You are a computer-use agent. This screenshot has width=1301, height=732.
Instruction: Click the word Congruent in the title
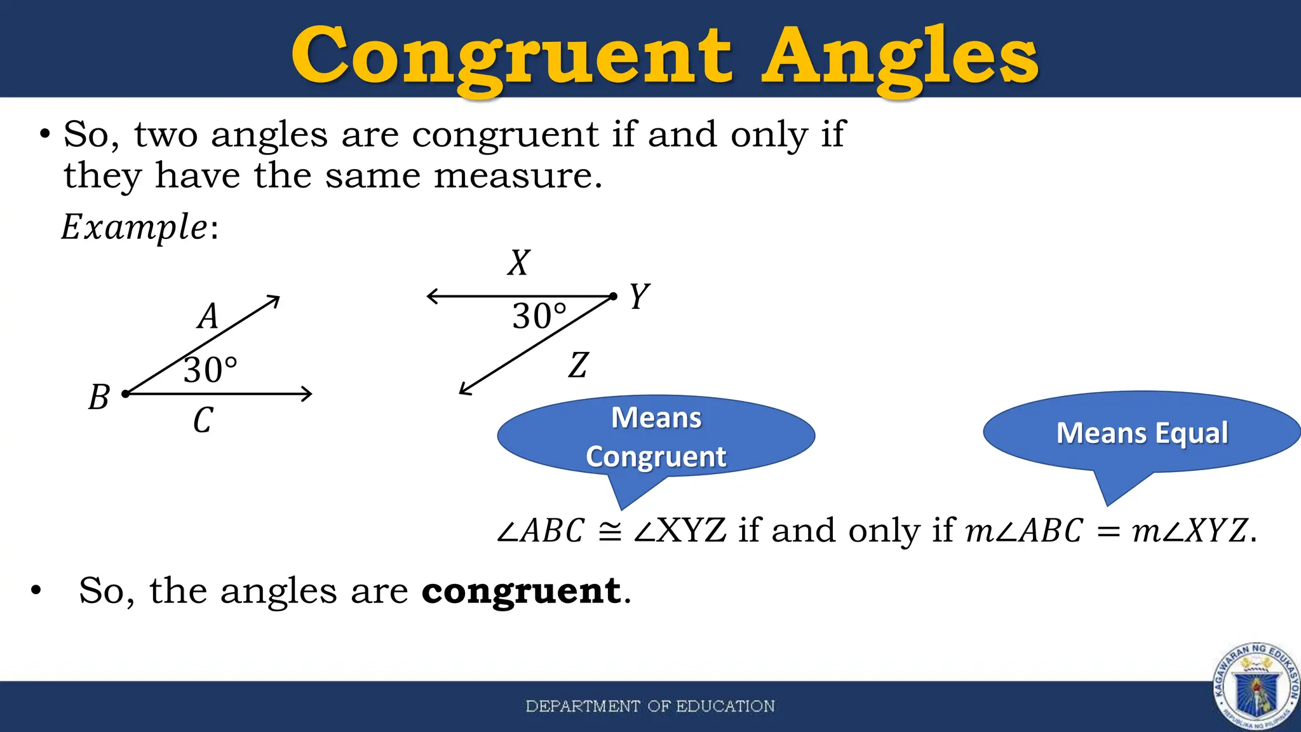point(511,57)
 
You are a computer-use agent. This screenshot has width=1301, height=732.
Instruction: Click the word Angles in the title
point(900,57)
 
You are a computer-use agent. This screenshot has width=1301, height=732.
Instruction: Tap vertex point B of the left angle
point(126,394)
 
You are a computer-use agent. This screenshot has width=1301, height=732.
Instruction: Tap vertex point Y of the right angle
point(613,296)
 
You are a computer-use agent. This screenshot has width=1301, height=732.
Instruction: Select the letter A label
point(208,316)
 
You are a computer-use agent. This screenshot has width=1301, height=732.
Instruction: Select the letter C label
point(203,420)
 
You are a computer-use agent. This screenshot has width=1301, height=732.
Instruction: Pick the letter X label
point(518,262)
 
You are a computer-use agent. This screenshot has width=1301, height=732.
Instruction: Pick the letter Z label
point(578,365)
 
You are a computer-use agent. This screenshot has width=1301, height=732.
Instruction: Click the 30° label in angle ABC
point(210,370)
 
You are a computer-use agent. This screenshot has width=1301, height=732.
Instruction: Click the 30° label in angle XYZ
point(539,316)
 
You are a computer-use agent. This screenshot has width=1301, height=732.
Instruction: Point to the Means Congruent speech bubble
point(656,437)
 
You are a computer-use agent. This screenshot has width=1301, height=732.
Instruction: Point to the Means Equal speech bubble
point(1142,433)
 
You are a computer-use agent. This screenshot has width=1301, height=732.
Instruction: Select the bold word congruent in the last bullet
point(521,592)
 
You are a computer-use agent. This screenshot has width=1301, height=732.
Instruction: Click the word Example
point(134,227)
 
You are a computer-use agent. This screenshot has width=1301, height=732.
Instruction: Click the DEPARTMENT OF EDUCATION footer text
point(650,706)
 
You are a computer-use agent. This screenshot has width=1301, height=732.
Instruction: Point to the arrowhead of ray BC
point(307,394)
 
